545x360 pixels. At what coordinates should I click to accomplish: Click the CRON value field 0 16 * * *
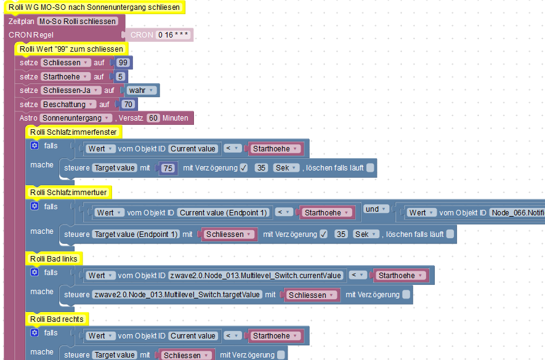[x=173, y=34]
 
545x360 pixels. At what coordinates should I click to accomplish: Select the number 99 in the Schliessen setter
[x=123, y=63]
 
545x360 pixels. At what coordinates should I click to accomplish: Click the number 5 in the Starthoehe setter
[x=120, y=76]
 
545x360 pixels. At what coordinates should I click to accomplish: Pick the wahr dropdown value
[x=141, y=90]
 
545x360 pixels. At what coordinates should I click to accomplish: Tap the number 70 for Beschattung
[x=128, y=104]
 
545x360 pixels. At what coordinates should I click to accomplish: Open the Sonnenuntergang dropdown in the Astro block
[x=76, y=118]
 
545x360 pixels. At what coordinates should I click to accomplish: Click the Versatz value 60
[x=153, y=118]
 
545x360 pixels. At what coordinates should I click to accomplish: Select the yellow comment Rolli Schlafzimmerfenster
[x=73, y=132]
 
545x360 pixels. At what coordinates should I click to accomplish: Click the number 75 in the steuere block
[x=168, y=168]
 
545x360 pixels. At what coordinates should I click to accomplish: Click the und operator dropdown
[x=376, y=209]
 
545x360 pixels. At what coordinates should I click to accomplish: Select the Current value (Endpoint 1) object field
[x=223, y=213]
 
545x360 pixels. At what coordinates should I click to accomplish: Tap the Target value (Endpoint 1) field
[x=135, y=234]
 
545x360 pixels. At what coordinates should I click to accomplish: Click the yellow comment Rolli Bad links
[x=54, y=259]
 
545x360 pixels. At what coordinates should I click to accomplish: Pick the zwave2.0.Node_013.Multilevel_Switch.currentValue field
[x=256, y=276]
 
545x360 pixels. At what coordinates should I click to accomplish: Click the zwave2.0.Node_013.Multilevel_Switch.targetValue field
[x=177, y=295]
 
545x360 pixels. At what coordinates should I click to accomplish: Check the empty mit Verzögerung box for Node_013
[x=406, y=295]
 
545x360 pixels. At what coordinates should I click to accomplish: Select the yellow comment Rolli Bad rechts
[x=57, y=319]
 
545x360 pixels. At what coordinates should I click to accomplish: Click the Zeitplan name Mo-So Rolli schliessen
[x=78, y=21]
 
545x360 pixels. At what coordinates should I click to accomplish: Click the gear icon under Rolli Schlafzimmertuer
[x=34, y=206]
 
